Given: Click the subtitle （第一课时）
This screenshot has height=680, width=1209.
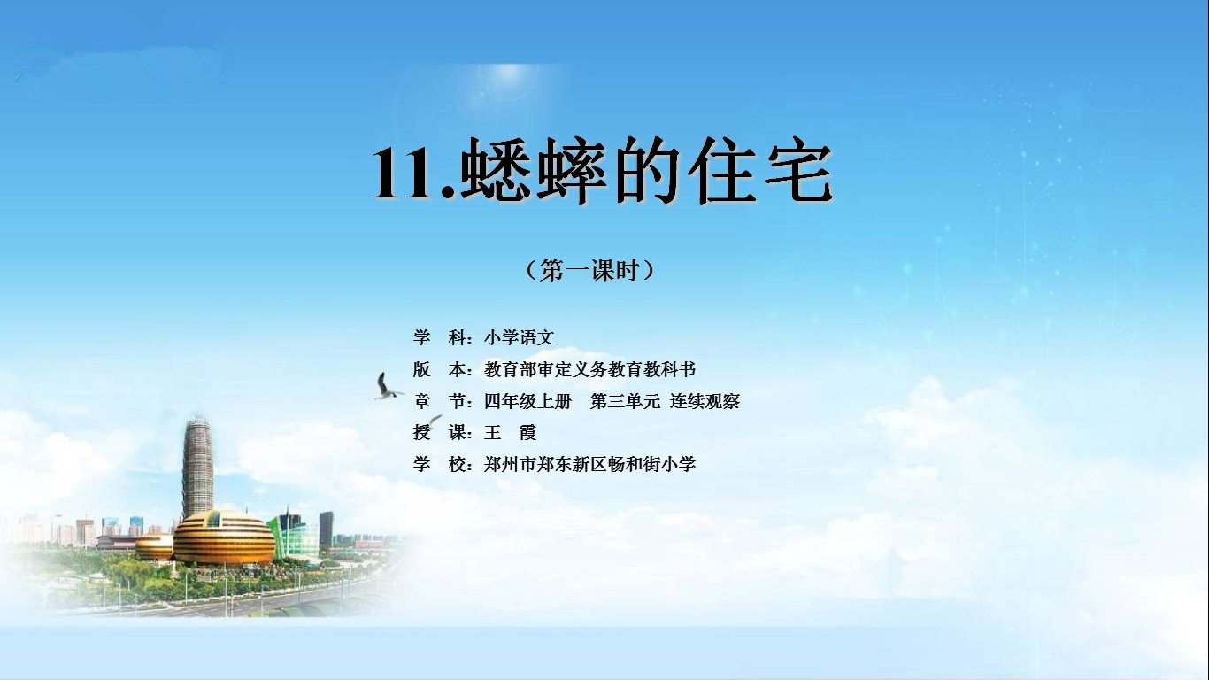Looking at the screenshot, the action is tap(590, 269).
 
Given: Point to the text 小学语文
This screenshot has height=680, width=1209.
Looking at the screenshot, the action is tap(519, 337).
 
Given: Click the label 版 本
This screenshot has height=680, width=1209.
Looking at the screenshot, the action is tap(439, 369).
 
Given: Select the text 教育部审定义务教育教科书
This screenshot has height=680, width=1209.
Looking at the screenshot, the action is tap(589, 369).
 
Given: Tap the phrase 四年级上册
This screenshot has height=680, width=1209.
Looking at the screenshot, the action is tap(527, 401).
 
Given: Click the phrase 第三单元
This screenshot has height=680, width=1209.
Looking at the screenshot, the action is tap(625, 401).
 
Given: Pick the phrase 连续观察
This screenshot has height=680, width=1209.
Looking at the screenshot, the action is tap(705, 401).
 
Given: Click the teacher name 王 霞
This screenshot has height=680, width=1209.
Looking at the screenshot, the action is tap(510, 433).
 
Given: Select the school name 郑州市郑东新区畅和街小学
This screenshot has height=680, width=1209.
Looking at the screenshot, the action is tap(589, 464).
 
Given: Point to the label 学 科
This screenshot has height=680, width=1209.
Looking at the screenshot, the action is tap(439, 337).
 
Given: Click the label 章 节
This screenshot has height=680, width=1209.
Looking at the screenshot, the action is tap(439, 401).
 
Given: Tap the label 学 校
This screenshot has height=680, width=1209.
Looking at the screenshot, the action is tap(439, 464).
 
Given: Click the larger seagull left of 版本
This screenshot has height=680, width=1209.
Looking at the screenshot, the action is tap(386, 387).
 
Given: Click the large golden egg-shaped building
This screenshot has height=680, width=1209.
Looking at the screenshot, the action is tap(224, 537).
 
